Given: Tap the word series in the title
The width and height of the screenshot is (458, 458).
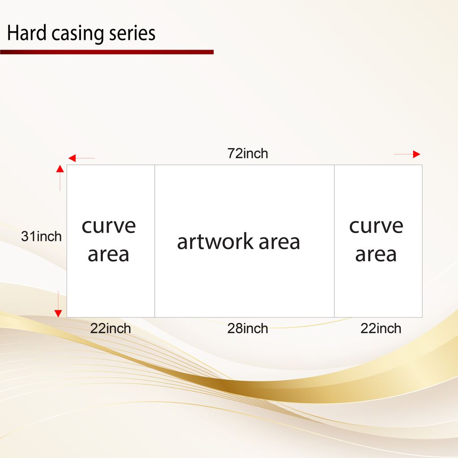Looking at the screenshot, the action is click(132, 33).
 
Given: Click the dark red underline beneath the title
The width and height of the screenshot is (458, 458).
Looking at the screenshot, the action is click(107, 52).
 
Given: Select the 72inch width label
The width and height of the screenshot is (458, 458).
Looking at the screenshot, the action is click(248, 153).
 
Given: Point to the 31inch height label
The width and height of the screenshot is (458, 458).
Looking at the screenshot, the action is click(41, 236).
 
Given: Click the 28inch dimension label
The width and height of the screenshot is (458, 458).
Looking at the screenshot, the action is click(248, 329).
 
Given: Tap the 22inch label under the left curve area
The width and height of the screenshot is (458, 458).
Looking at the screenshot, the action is click(110, 329).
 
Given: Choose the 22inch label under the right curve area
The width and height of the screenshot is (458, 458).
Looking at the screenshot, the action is click(381, 329).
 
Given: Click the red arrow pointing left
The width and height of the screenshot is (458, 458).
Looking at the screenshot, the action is click(81, 158).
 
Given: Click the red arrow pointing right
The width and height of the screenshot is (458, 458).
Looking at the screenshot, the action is click(407, 154).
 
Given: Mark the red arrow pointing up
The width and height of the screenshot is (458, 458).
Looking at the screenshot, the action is click(60, 178).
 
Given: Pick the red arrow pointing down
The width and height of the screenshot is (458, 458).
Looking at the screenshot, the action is click(58, 304).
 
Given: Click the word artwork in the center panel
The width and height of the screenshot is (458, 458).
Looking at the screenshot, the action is click(215, 242).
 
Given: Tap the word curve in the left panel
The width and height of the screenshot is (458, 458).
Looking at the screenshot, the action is click(109, 226).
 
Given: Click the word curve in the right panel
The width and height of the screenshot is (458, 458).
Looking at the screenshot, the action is click(376, 226).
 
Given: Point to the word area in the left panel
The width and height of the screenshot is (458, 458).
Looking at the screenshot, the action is click(108, 254).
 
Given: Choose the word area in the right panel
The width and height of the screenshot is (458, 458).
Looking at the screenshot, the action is click(376, 254).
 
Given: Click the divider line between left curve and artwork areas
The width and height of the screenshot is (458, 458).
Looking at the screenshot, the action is click(154, 241).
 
